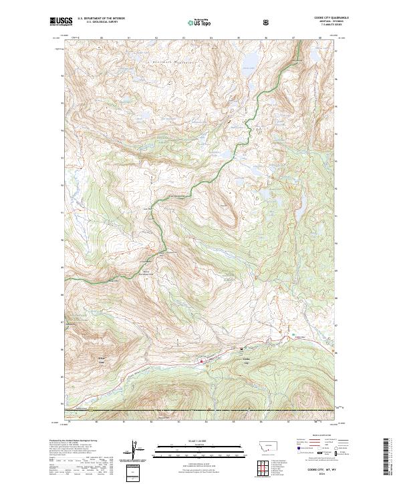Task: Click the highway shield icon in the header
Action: click(266, 22)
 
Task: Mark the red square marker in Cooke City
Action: click(201, 362)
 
